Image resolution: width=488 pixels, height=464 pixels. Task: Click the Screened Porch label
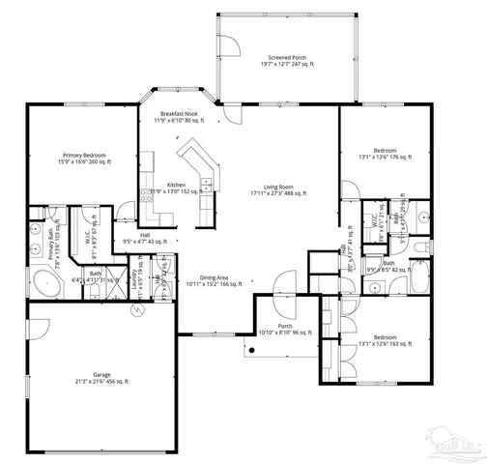(x=287, y=61)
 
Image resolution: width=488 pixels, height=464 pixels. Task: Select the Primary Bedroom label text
(x=84, y=159)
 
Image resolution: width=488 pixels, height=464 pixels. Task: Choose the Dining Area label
(x=212, y=281)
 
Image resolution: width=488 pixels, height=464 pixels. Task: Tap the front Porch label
(x=285, y=330)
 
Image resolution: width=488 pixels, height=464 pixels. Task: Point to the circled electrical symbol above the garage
(x=136, y=308)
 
